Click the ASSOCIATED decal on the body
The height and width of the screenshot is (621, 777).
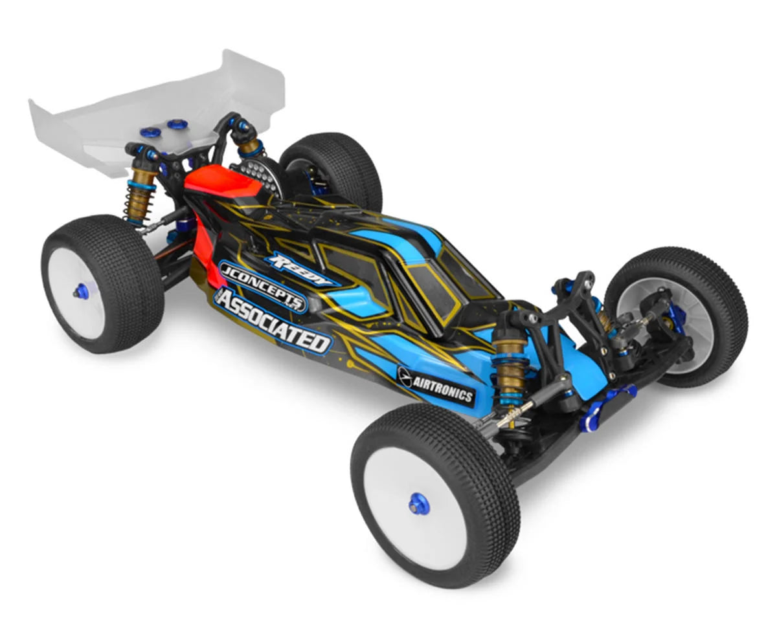[x=273, y=321]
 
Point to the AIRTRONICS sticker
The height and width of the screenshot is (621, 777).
[x=436, y=386]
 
